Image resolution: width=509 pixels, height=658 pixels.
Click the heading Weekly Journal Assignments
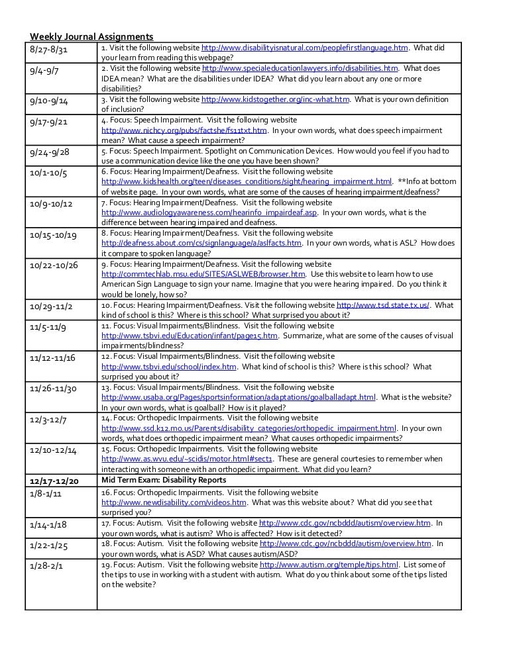tap(91, 36)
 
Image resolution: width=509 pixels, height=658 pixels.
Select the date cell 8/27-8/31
tap(49, 50)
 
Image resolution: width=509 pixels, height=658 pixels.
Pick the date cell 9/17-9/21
tap(49, 122)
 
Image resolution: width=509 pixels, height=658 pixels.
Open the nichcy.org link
tap(184, 130)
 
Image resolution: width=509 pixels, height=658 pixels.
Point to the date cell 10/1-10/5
tap(48, 173)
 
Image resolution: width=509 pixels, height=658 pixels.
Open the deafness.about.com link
tap(201, 243)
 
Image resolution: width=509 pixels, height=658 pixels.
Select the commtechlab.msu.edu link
tap(203, 274)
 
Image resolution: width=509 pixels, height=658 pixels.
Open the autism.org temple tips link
tap(329, 565)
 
